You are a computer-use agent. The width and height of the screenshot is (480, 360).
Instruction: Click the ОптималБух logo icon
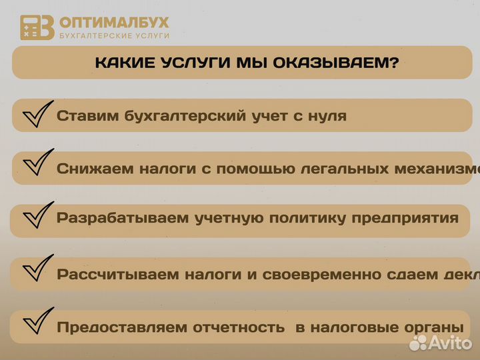pos(37,27)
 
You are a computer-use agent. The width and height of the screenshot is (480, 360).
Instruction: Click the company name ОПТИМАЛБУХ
pos(114,22)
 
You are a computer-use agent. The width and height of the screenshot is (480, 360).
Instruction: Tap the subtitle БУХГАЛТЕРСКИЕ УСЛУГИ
pos(114,35)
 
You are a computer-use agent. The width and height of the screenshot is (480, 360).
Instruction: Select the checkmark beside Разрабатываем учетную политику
pos(37,217)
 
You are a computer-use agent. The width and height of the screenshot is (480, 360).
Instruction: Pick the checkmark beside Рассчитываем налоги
pos(37,270)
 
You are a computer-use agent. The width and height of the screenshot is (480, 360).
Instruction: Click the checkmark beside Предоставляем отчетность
pos(37,323)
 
